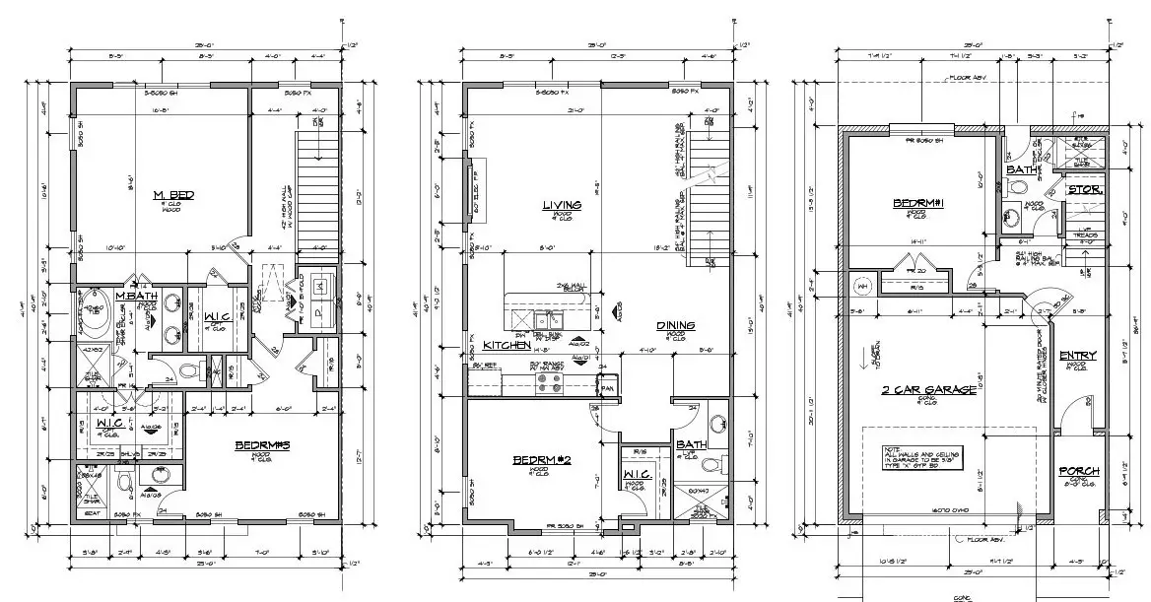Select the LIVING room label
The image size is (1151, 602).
coord(562,205)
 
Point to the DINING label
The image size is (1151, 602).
coord(676,326)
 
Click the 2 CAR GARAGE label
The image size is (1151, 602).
coord(927,389)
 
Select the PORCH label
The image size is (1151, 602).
coord(1078,471)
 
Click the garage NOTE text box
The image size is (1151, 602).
coord(921,458)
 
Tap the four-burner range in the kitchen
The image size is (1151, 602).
coord(548,378)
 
